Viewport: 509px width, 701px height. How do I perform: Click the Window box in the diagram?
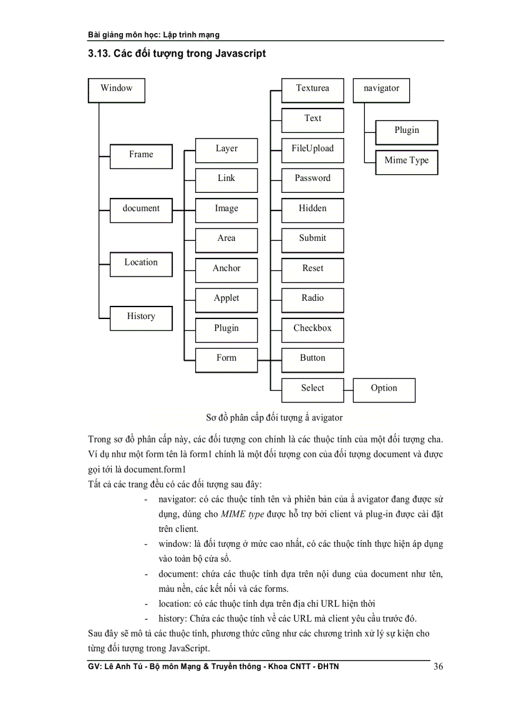point(117,90)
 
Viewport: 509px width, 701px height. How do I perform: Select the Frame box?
point(141,155)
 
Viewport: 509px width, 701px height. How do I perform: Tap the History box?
point(141,317)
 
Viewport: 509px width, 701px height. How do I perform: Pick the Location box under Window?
point(141,263)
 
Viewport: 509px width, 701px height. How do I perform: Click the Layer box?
point(226,150)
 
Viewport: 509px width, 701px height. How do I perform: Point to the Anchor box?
point(226,269)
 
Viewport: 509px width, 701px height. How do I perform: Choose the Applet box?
point(226,299)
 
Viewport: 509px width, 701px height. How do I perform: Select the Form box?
point(226,359)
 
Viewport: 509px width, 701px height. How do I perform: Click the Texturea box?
point(313,89)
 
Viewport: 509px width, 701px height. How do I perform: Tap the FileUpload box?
point(313,149)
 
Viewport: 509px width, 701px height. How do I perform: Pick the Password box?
point(313,179)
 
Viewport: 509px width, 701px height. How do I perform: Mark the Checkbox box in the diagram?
point(313,329)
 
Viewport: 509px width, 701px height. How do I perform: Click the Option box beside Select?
point(384,389)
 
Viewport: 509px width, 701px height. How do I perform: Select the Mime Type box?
point(407,161)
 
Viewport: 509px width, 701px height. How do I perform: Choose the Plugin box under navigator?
point(407,131)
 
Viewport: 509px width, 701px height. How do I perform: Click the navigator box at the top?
point(381,89)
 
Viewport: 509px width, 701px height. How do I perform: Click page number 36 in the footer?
point(438,667)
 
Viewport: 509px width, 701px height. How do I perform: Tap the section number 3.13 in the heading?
point(100,54)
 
